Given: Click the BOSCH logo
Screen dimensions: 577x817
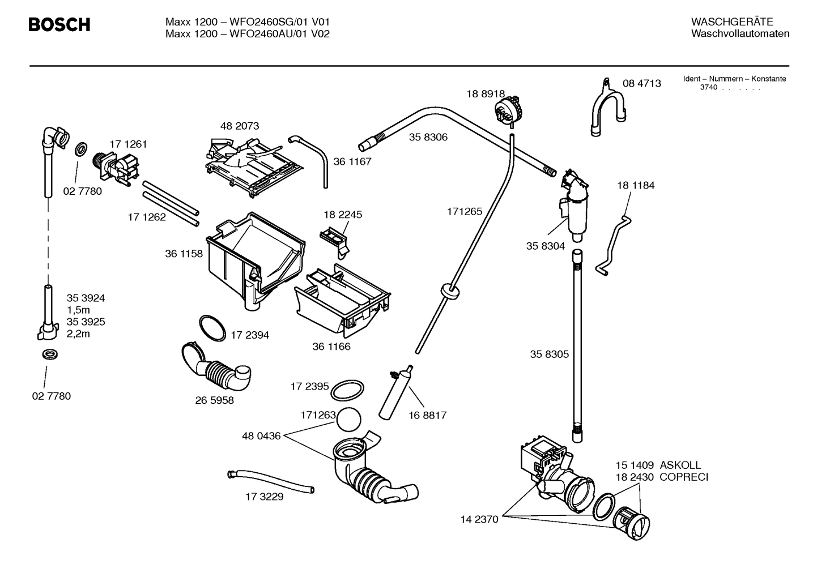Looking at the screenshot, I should [59, 25].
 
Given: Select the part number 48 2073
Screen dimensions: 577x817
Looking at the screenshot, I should [239, 126].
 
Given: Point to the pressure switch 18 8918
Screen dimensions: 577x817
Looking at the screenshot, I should [508, 109].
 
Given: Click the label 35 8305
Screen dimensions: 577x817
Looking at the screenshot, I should [549, 354].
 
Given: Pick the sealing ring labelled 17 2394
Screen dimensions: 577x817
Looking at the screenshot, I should [212, 328].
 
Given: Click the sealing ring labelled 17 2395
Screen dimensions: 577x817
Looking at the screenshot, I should [347, 390].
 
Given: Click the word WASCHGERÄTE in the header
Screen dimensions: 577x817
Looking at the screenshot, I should [731, 22].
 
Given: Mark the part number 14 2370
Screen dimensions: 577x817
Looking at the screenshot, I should [479, 519].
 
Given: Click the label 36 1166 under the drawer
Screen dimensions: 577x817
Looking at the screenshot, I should [331, 347].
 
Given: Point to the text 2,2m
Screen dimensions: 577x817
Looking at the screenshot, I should [78, 334].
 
